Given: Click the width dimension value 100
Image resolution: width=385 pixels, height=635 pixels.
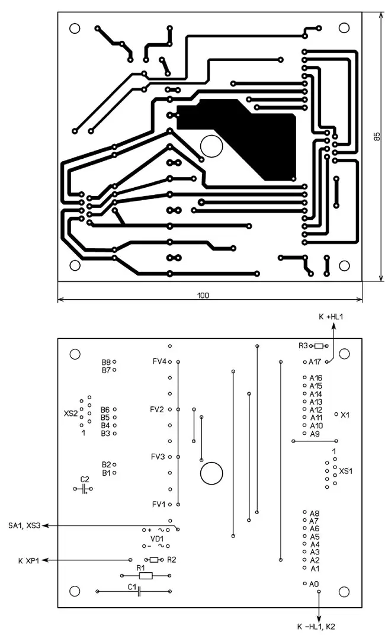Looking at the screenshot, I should pos(203,294).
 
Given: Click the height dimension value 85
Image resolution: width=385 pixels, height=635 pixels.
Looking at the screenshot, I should pos(377,137).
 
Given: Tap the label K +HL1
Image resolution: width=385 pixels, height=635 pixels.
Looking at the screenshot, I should pos(331,317).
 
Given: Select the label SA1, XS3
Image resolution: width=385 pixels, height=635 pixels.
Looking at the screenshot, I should pos(24,525).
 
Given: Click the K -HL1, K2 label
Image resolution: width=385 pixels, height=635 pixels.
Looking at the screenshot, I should pos(319,626).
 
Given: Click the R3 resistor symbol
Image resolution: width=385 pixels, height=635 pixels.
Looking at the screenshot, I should pos(320,346).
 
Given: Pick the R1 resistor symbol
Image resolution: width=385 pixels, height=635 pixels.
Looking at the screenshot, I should pos(146,575).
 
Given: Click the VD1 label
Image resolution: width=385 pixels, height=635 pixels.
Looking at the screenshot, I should pos(157,538).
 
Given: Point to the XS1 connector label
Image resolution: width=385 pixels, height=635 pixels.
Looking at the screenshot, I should pos(346,472).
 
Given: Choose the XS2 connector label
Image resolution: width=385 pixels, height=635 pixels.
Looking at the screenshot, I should pos(70,413).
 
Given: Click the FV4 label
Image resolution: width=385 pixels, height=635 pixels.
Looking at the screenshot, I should pos(159,361).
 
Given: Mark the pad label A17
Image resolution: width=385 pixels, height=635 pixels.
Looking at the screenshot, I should pos(316,361).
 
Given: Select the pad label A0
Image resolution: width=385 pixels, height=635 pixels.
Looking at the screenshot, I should pos(315,584).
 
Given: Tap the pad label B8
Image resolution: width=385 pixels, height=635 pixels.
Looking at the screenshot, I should pos(106,361).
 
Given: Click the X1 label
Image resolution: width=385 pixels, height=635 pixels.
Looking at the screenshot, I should pos(345,415).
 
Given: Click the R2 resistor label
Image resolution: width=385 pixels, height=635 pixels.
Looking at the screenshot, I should pos(172,559).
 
